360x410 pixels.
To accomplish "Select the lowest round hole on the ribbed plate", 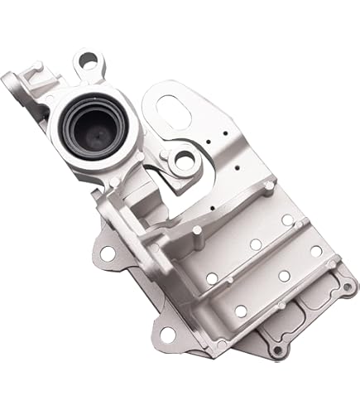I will click(x=241, y=311).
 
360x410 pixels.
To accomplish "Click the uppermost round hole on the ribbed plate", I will click(x=286, y=219).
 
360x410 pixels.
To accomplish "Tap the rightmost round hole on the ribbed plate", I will click(x=316, y=250).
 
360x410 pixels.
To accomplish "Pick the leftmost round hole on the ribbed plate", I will click(x=212, y=278).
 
